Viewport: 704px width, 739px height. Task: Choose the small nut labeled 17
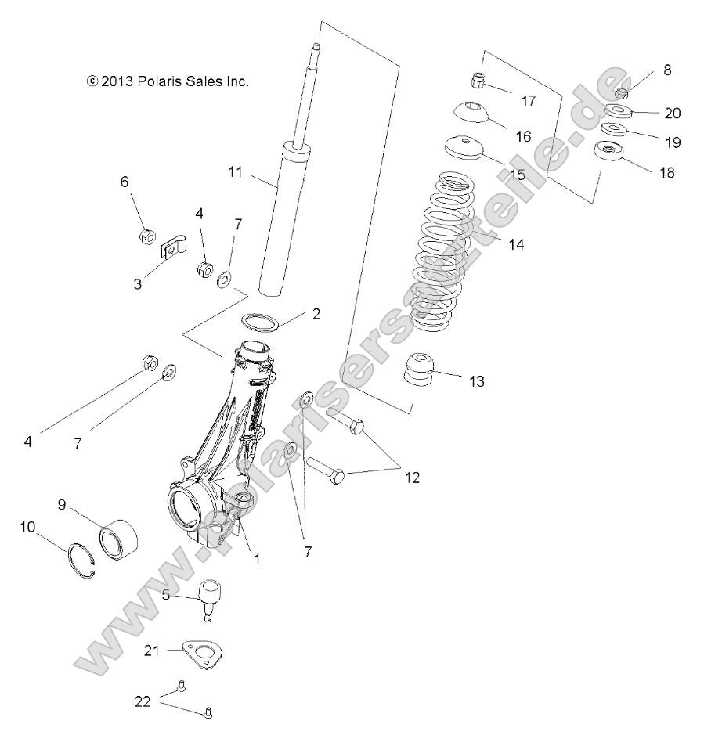pyautogui.click(x=478, y=81)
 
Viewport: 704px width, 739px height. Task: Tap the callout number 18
pyautogui.click(x=666, y=172)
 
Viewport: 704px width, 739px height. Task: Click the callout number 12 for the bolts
pyautogui.click(x=411, y=477)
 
